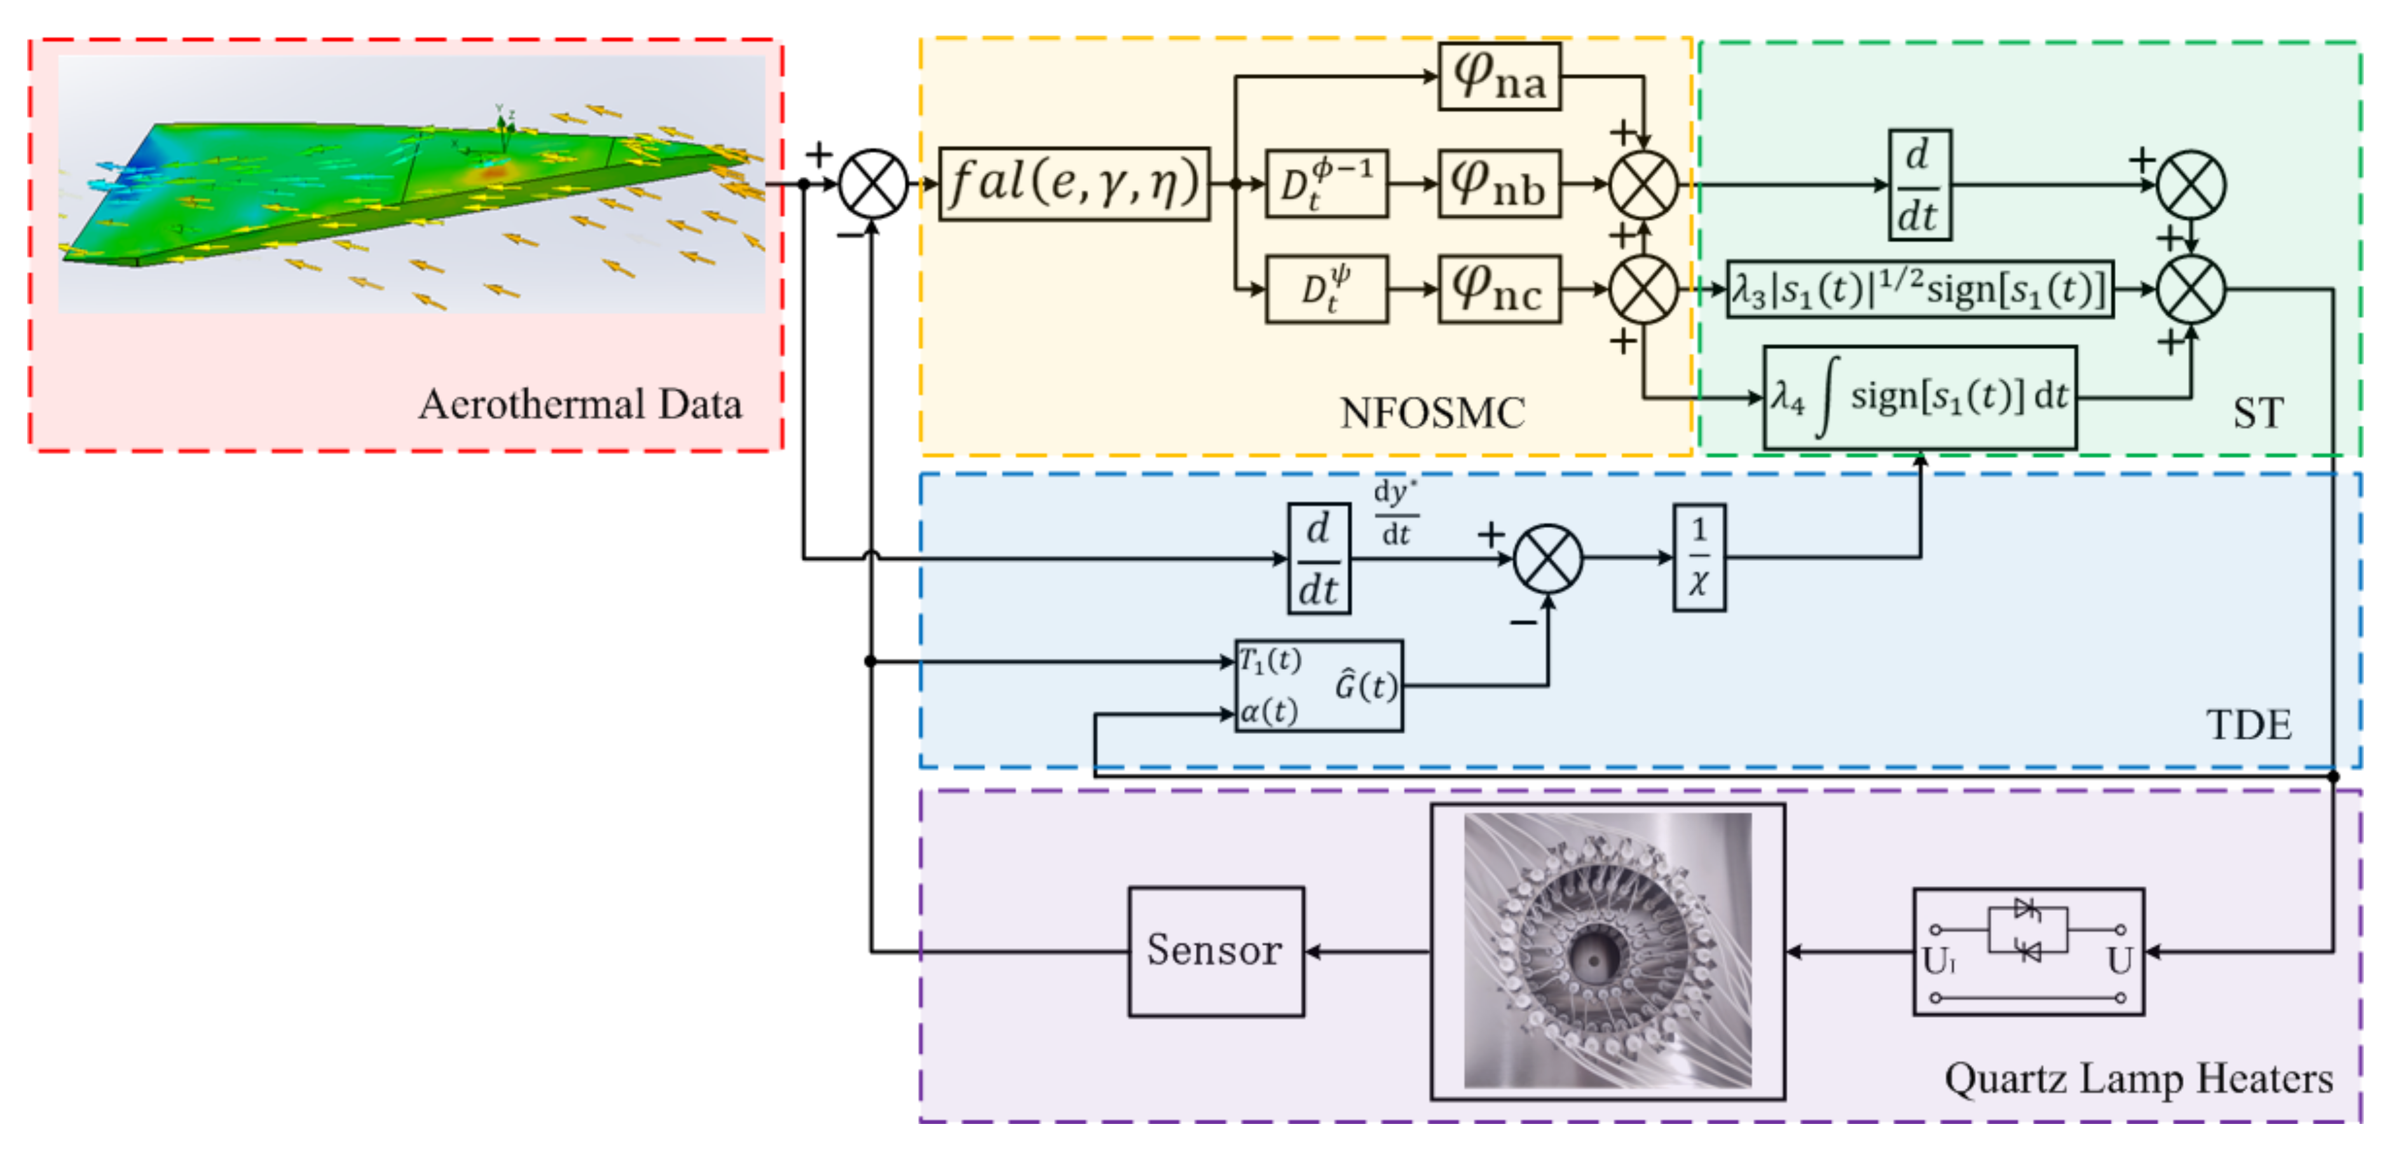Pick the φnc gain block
[x=1499, y=289]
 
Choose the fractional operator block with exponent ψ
[x=1327, y=289]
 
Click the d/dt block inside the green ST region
[x=1919, y=184]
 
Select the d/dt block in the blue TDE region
[x=1318, y=558]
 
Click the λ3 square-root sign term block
[x=1919, y=289]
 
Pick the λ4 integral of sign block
[x=1919, y=398]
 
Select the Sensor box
[x=1215, y=951]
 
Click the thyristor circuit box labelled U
[x=2027, y=951]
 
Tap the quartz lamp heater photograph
[x=1607, y=951]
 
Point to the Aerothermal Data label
[x=579, y=404]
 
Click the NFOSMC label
[x=1432, y=413]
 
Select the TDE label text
[x=2248, y=724]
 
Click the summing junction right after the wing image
[x=872, y=183]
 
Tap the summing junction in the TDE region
[x=1547, y=558]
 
